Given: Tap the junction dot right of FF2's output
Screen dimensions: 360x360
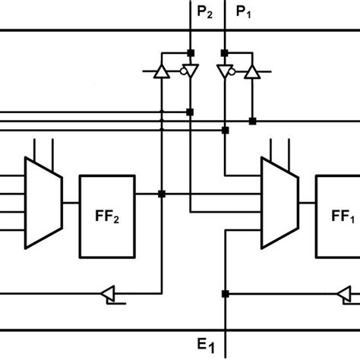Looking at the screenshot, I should coord(162,194).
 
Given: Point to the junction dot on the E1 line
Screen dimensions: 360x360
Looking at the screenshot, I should coord(226,293).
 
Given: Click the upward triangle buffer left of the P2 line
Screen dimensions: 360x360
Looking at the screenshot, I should coord(162,71).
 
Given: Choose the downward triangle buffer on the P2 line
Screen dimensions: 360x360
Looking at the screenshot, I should coord(191,71).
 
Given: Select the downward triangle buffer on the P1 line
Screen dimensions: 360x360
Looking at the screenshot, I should coord(224,71).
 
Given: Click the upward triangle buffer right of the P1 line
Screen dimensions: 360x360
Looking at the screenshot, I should coord(253,71).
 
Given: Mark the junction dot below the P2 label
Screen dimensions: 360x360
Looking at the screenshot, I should coord(191,52).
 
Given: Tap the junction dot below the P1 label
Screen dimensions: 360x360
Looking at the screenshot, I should coord(225,52).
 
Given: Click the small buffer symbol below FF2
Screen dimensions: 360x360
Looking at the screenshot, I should coord(108,293).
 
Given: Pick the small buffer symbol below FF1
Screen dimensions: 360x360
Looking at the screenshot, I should coord(345,293).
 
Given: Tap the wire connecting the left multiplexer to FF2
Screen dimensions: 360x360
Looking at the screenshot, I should coord(70,203).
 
